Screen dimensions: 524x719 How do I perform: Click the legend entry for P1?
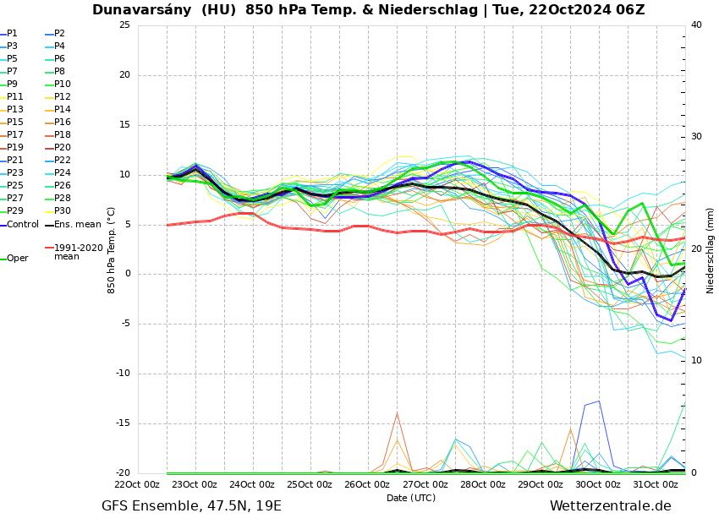[x=12, y=34]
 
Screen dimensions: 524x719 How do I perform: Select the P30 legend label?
[x=62, y=211]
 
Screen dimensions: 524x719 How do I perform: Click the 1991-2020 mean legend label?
[x=78, y=252]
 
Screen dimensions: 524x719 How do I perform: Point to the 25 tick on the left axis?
[x=124, y=25]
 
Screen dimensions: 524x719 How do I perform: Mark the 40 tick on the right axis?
[x=696, y=25]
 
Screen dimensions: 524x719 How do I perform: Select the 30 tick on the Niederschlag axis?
[x=696, y=137]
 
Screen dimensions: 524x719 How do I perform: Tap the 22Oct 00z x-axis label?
[x=137, y=484]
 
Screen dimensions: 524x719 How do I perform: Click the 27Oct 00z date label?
[x=425, y=484]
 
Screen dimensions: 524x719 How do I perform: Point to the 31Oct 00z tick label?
[x=656, y=484]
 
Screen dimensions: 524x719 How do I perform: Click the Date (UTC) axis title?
[x=411, y=498]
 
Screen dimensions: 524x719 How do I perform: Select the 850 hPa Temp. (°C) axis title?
[x=112, y=250]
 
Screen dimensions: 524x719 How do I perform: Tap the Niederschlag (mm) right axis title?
[x=711, y=250]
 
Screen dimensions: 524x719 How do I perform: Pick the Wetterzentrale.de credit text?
[x=610, y=506]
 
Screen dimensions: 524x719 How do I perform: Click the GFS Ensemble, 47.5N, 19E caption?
[x=191, y=506]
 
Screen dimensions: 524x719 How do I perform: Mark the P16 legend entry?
[x=62, y=123]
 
